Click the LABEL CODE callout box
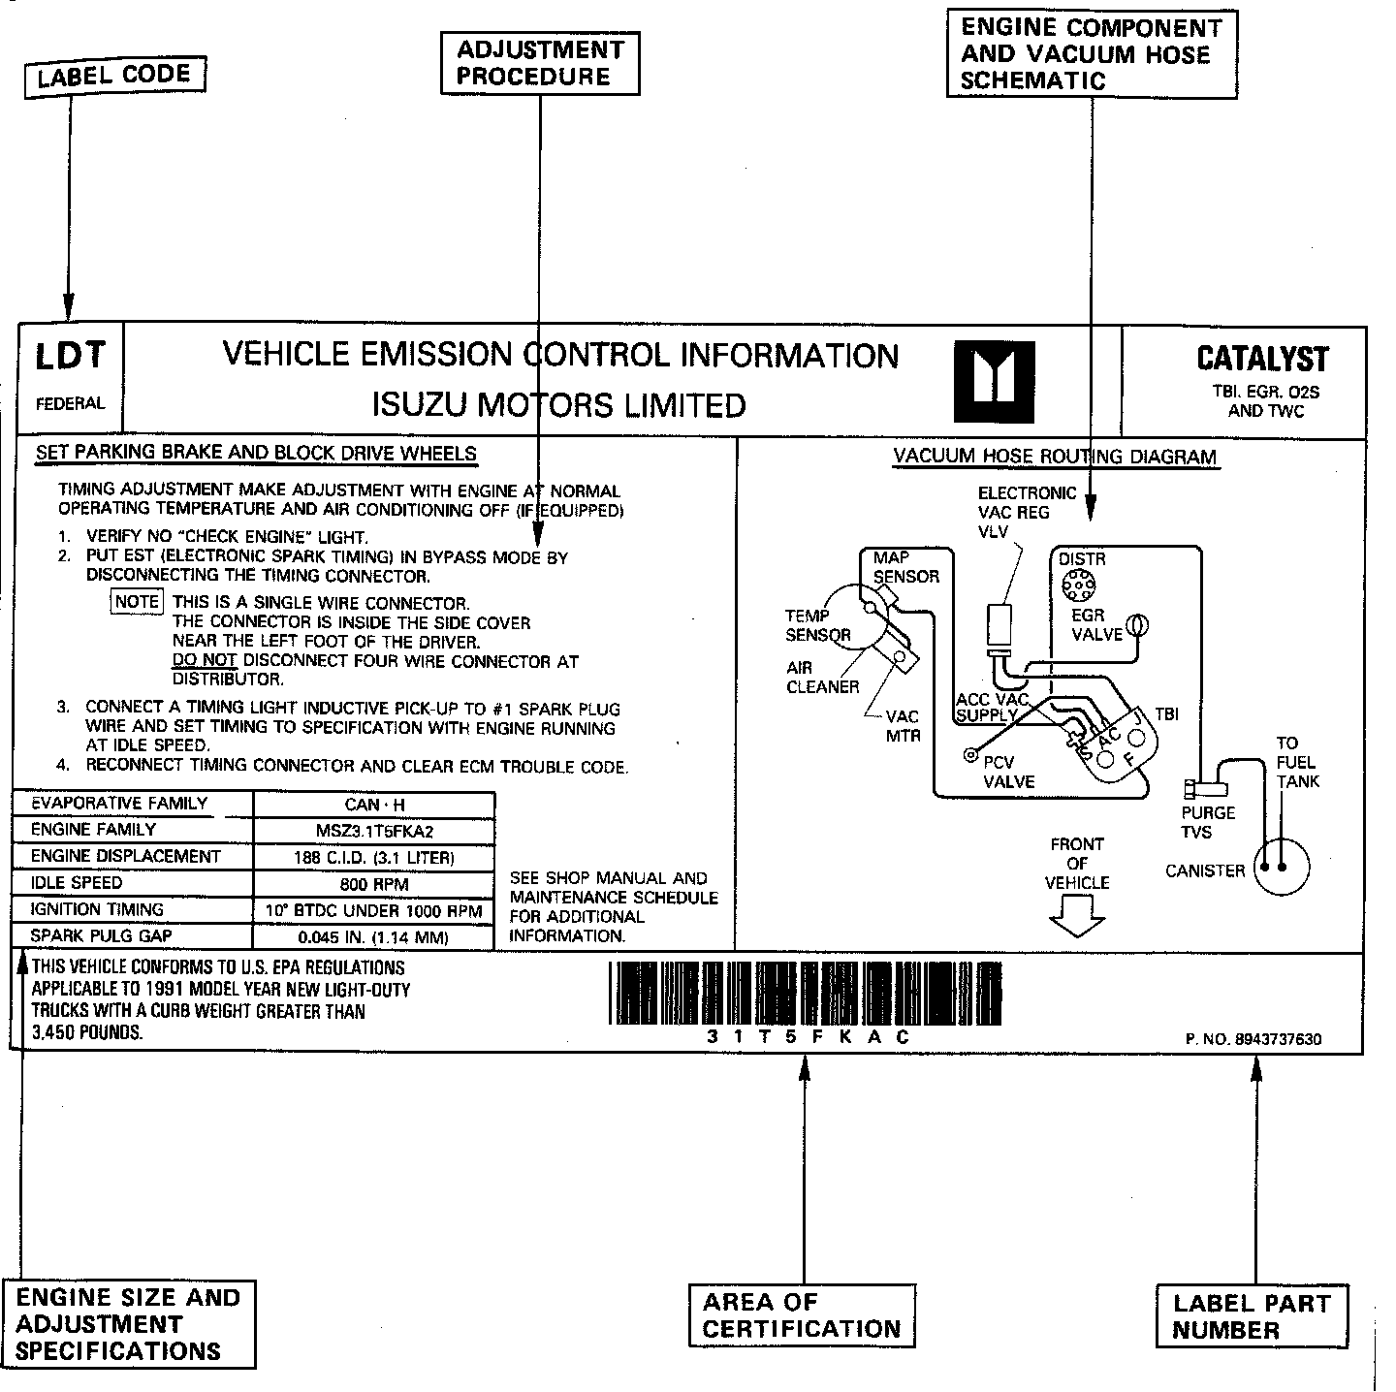click(x=113, y=75)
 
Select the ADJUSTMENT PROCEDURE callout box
click(x=540, y=63)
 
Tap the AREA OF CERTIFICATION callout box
click(x=802, y=1315)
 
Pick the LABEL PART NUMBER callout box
click(x=1251, y=1315)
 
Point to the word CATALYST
click(x=1262, y=359)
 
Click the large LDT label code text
click(x=70, y=357)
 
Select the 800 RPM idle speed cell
click(x=373, y=884)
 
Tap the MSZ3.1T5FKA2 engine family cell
click(x=373, y=831)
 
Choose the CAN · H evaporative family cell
click(x=373, y=805)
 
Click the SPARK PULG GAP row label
click(x=101, y=936)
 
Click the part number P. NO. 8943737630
click(x=1253, y=1040)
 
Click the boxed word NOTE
click(x=137, y=602)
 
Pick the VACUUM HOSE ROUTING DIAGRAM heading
click(x=1055, y=457)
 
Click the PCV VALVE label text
click(x=1009, y=772)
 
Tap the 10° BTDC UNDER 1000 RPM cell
click(x=373, y=911)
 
